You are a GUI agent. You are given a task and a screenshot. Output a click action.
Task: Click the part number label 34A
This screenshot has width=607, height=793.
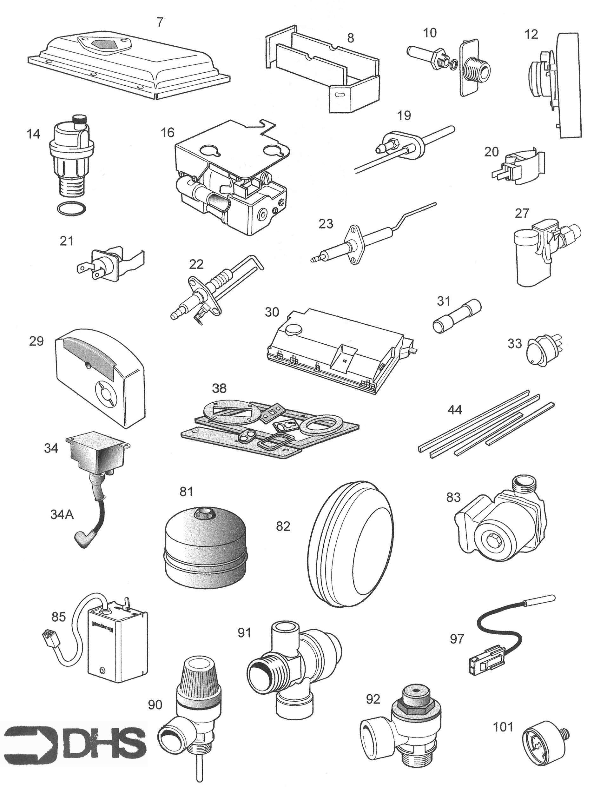[x=62, y=514]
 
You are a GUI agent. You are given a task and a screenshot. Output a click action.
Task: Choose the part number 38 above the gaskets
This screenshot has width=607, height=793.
[x=219, y=388]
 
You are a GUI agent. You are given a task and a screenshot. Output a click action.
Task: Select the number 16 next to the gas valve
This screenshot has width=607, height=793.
[x=167, y=133]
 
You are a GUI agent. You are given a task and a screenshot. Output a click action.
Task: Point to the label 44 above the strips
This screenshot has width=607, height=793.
[x=454, y=410]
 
